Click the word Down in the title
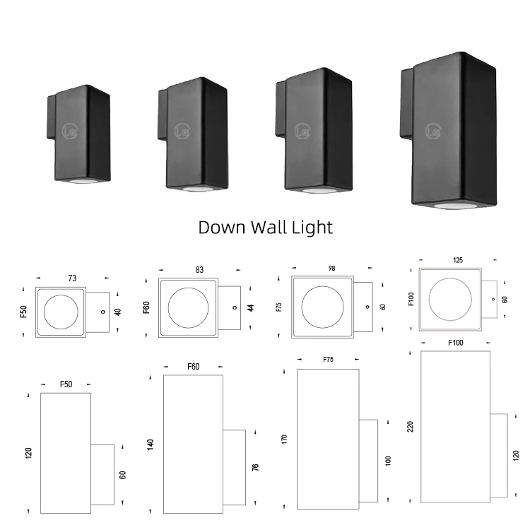pos(221,227)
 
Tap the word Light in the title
pos(311,227)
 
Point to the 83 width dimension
pos(199,269)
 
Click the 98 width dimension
pos(331,268)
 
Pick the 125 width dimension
pos(458,260)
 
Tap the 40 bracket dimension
pos(118,311)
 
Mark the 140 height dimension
pos(151,444)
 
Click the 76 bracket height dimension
pos(255,467)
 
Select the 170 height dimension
pos(284,438)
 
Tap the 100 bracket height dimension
pos(388,461)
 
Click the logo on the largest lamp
pos(434,131)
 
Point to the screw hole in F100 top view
pos(494,300)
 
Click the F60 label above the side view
pos(194,367)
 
